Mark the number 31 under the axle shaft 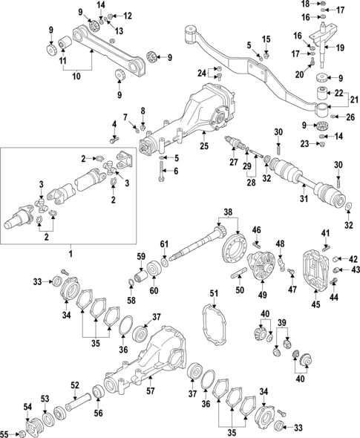303,198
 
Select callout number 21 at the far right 353,99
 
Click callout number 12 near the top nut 128,15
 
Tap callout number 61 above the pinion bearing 165,244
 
